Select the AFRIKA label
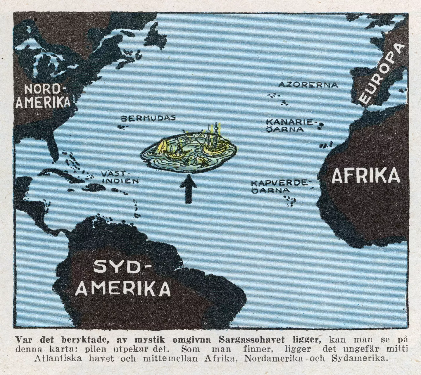tap(365, 175)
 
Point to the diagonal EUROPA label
tap(383, 75)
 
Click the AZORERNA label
tap(308, 85)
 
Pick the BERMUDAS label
tap(148, 118)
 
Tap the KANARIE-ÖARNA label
tap(289, 125)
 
